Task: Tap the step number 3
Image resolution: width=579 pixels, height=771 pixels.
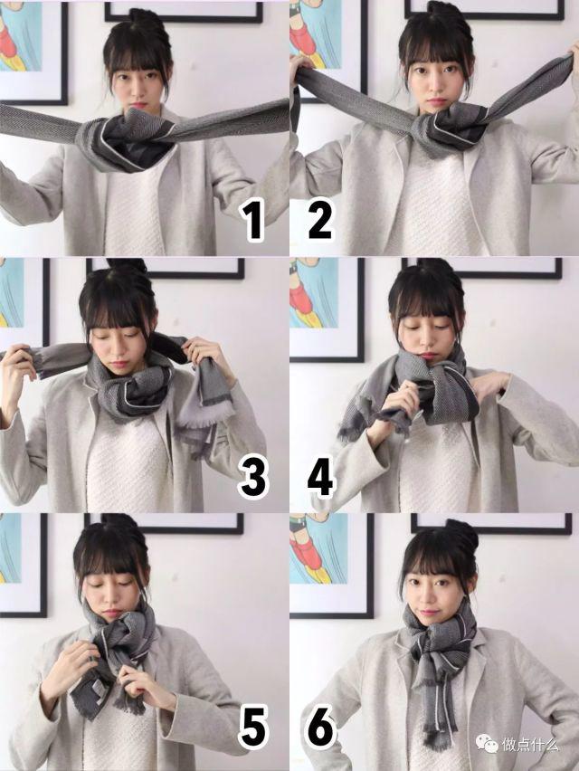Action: [x=253, y=479]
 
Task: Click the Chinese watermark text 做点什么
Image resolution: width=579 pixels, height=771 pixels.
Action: [x=536, y=744]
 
